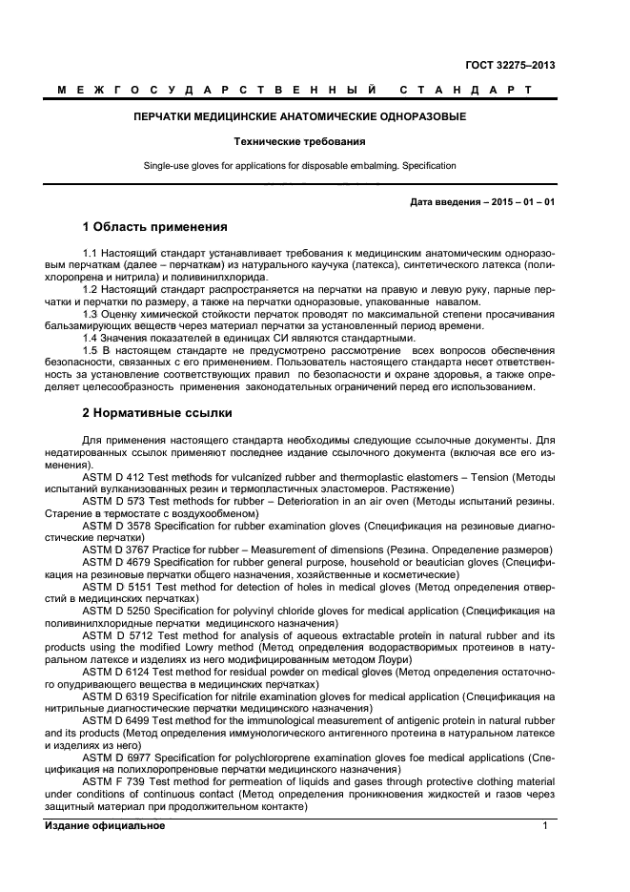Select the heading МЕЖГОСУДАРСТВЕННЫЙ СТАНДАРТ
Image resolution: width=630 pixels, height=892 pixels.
pyautogui.click(x=295, y=91)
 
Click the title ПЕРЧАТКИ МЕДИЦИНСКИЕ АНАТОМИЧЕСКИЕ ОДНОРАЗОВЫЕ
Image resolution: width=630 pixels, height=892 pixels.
pyautogui.click(x=299, y=117)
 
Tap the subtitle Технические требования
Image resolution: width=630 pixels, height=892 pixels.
pyautogui.click(x=299, y=141)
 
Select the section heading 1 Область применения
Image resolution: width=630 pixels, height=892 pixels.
pyautogui.click(x=154, y=227)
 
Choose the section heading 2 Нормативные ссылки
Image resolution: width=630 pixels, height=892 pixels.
pyautogui.click(x=156, y=414)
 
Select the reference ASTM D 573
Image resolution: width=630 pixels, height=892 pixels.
pyautogui.click(x=115, y=500)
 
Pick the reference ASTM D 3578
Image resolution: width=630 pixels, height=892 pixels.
pyautogui.click(x=119, y=525)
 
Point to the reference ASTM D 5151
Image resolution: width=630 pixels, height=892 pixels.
pyautogui.click(x=119, y=587)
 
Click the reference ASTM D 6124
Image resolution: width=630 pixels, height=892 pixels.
pyautogui.click(x=119, y=673)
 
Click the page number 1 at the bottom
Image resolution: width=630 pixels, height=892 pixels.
pyautogui.click(x=545, y=825)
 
